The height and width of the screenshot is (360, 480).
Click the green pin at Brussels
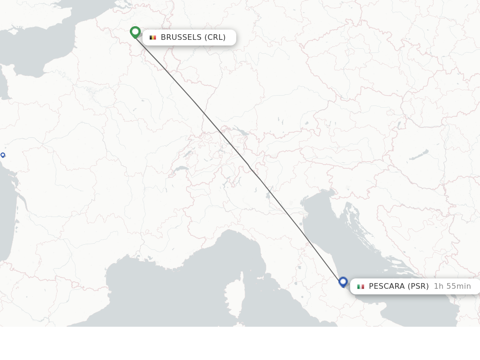135,32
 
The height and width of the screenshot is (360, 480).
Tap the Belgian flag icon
152,37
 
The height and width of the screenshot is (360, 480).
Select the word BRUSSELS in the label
181,37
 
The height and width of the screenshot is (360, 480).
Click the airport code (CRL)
215,37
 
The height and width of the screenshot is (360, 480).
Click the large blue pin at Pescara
343,282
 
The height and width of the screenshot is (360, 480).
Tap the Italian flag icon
360,286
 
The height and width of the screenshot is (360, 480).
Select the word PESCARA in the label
387,286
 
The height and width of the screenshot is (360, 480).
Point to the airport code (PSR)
418,286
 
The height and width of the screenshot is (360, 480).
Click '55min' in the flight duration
458,286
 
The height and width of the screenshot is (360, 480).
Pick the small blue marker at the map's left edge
3,155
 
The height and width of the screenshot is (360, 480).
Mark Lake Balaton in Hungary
419,155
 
